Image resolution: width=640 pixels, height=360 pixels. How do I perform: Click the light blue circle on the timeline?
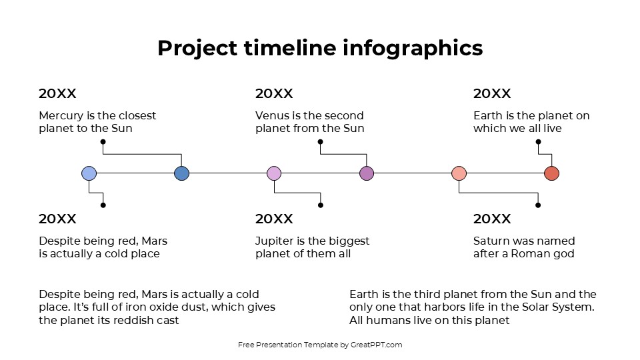89,174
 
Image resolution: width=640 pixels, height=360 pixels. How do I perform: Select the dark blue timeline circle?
181,174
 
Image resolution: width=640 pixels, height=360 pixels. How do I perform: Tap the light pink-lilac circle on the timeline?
274,174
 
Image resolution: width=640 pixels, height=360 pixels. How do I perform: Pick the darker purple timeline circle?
367,174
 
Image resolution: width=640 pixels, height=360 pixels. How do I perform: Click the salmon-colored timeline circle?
459,174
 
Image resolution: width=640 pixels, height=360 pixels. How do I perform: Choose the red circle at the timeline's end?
551,174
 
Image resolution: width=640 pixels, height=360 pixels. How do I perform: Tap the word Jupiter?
276,241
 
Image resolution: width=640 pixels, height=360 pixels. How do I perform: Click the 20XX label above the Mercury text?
57,94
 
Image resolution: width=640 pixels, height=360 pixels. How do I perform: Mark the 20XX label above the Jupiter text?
274,219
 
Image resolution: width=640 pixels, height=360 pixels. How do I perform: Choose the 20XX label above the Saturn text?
492,219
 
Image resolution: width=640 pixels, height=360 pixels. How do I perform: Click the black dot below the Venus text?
320,142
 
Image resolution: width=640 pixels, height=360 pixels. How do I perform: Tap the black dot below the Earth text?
538,142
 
